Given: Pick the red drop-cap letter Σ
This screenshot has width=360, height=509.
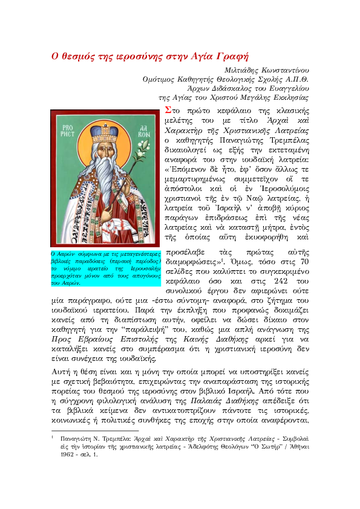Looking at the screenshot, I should point(168,110).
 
